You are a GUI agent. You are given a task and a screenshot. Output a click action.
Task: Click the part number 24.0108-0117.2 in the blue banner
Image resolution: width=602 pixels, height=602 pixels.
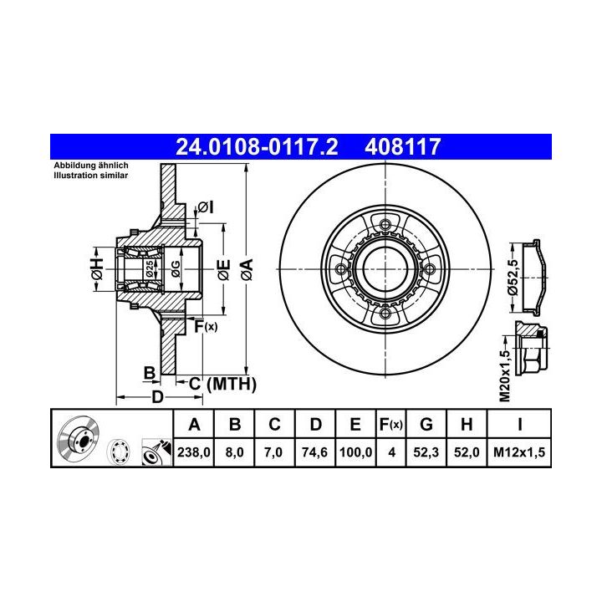coord(257,147)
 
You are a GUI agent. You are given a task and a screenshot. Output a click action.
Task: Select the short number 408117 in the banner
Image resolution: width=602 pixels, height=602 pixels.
coord(402,147)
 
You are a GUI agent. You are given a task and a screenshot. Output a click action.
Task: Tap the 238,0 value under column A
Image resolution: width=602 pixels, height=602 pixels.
coord(193,452)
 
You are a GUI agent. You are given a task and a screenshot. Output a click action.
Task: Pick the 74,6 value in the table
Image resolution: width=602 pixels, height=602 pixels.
coord(314,452)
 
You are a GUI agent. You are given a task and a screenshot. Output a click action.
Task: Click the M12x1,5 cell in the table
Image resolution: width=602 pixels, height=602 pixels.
coord(519,452)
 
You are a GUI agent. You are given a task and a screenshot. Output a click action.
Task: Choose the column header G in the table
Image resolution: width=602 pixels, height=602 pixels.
coord(426,424)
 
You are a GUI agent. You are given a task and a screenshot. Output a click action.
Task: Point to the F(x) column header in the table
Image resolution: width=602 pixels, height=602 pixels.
coord(390,424)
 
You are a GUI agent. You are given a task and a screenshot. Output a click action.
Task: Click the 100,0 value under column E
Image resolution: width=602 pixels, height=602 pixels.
coord(355,452)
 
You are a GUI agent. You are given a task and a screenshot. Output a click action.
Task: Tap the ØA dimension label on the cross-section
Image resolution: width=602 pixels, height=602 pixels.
coord(247,269)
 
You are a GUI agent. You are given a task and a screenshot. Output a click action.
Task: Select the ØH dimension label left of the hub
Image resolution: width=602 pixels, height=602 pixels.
coord(97,269)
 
